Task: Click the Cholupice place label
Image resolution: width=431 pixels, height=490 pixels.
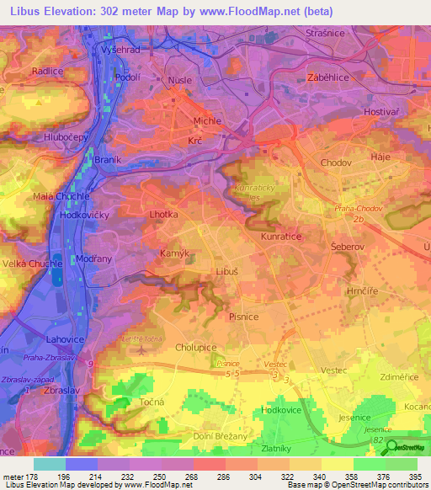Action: [195, 346]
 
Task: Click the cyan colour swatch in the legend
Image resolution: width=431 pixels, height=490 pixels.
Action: [50, 464]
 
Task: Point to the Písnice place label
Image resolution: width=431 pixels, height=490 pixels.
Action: [245, 317]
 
